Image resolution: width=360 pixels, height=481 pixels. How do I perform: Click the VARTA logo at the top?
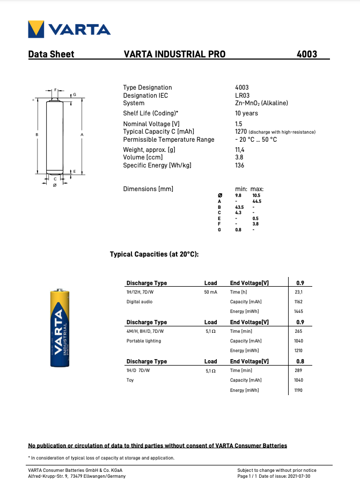69,28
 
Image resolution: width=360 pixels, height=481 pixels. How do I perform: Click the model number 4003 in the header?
307,54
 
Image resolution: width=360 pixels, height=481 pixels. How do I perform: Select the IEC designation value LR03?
243,96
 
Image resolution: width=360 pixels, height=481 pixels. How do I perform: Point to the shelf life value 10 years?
246,113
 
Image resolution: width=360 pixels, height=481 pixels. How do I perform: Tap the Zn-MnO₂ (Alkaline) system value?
261,103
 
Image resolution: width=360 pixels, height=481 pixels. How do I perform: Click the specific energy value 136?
239,165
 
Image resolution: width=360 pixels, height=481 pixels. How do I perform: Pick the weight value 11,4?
240,150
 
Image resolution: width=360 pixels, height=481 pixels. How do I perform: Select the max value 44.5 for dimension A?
256,201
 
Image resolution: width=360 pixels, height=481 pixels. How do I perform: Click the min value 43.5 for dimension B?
239,207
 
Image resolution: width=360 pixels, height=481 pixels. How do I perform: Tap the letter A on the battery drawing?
82,134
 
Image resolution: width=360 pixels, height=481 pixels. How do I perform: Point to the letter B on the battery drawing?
36,134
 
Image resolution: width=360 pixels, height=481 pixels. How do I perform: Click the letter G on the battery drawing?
75,94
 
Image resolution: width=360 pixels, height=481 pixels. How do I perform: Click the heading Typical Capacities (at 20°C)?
154,254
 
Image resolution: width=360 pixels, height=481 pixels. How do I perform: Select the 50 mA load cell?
210,292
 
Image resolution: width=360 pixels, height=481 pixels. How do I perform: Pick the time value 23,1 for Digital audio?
299,292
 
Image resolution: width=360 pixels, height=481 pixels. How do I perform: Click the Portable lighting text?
143,341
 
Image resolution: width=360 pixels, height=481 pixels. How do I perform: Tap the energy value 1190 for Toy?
299,390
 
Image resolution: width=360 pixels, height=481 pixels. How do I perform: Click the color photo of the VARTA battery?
60,328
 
